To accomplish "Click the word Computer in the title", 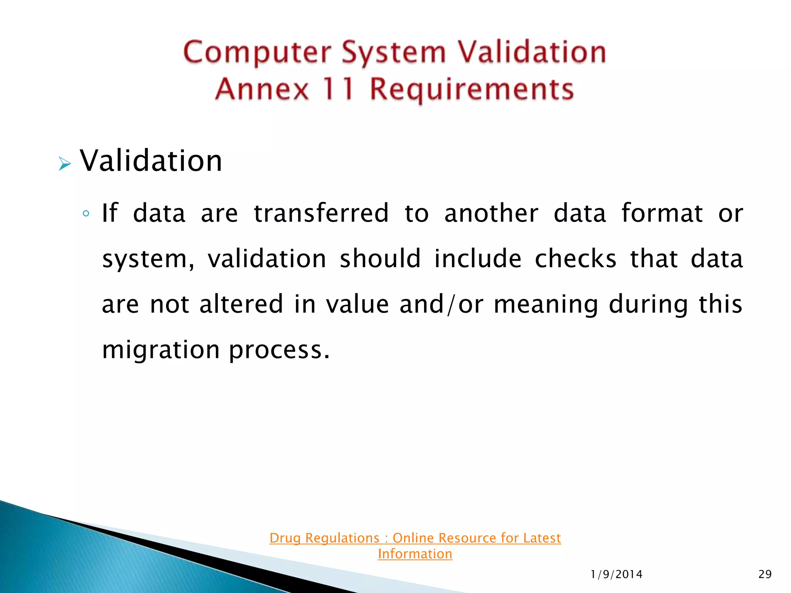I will click(257, 53).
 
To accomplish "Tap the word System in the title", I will click(394, 53).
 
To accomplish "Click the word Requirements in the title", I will click(472, 90).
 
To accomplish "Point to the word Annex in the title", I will click(262, 89).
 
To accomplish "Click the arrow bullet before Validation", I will click(65, 164).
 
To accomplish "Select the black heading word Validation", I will click(151, 161).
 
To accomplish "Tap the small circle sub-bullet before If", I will click(86, 213).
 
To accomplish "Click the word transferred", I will click(321, 213).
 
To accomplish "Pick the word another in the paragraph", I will click(491, 213).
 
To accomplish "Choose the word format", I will click(662, 213).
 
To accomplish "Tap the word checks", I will click(575, 259).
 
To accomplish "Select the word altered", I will click(241, 304).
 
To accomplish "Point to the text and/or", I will click(441, 304).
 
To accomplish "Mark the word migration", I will click(161, 350).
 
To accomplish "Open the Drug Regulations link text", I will click(415, 538).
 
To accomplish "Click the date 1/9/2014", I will click(616, 574).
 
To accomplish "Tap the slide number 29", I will click(765, 574).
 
